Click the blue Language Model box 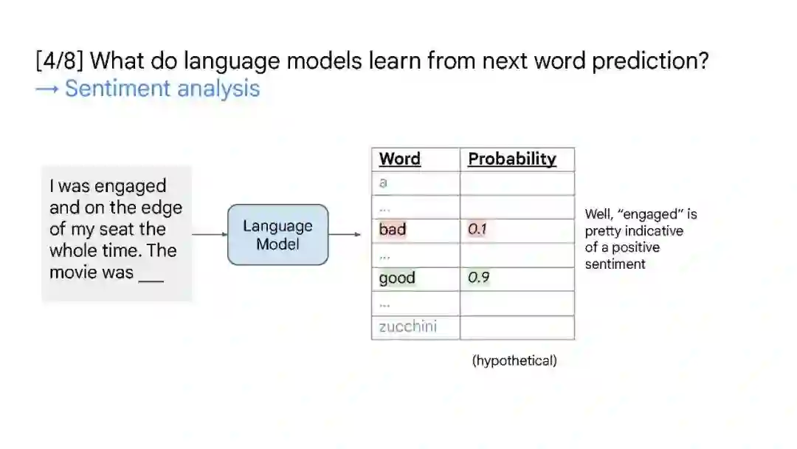(x=278, y=234)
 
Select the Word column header (x=399, y=159)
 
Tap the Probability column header (x=512, y=159)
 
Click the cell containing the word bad (x=415, y=230)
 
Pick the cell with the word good (x=415, y=278)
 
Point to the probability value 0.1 (x=477, y=230)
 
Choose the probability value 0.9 (x=478, y=278)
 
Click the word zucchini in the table (x=407, y=326)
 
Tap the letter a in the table (x=383, y=182)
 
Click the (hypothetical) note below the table (x=514, y=360)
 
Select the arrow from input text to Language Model (x=210, y=234)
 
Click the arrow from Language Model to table (x=345, y=234)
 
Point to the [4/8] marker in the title (x=60, y=61)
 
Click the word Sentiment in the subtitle (x=117, y=88)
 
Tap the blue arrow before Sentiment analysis (x=46, y=89)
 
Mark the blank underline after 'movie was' (x=151, y=281)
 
